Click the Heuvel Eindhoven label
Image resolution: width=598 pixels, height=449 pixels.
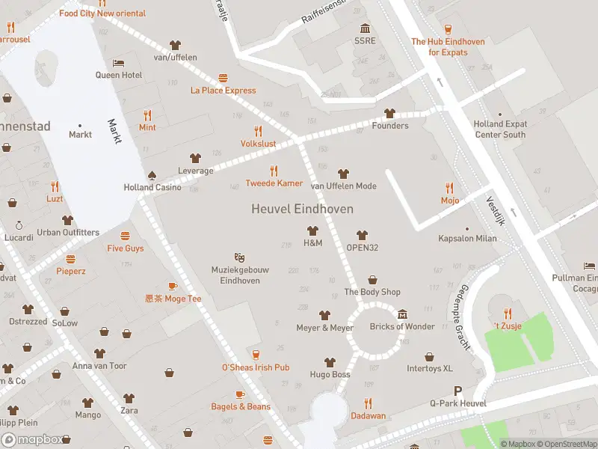(302, 210)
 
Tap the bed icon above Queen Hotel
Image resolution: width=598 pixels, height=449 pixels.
(118, 63)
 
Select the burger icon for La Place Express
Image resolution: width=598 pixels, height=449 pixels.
(223, 79)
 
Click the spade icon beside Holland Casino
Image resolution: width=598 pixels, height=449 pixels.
(152, 174)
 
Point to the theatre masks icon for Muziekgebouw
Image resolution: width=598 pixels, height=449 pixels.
(239, 257)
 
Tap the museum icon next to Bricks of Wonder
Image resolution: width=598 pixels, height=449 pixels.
(402, 314)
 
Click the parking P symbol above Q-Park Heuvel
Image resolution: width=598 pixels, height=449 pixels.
(458, 391)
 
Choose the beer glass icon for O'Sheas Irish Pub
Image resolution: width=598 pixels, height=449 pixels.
(256, 355)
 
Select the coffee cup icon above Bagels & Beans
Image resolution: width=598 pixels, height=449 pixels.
(240, 394)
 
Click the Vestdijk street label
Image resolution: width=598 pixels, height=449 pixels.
(496, 210)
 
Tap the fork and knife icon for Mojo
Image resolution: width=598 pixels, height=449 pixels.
(449, 188)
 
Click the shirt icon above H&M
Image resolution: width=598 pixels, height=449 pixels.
(312, 230)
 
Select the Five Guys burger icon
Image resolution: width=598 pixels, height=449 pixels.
(125, 236)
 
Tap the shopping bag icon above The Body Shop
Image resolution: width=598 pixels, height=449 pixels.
(372, 280)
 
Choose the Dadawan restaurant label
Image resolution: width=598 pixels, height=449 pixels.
(368, 415)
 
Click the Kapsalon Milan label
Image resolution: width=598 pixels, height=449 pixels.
(467, 239)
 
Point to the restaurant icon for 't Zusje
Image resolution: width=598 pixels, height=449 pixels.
(508, 314)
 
